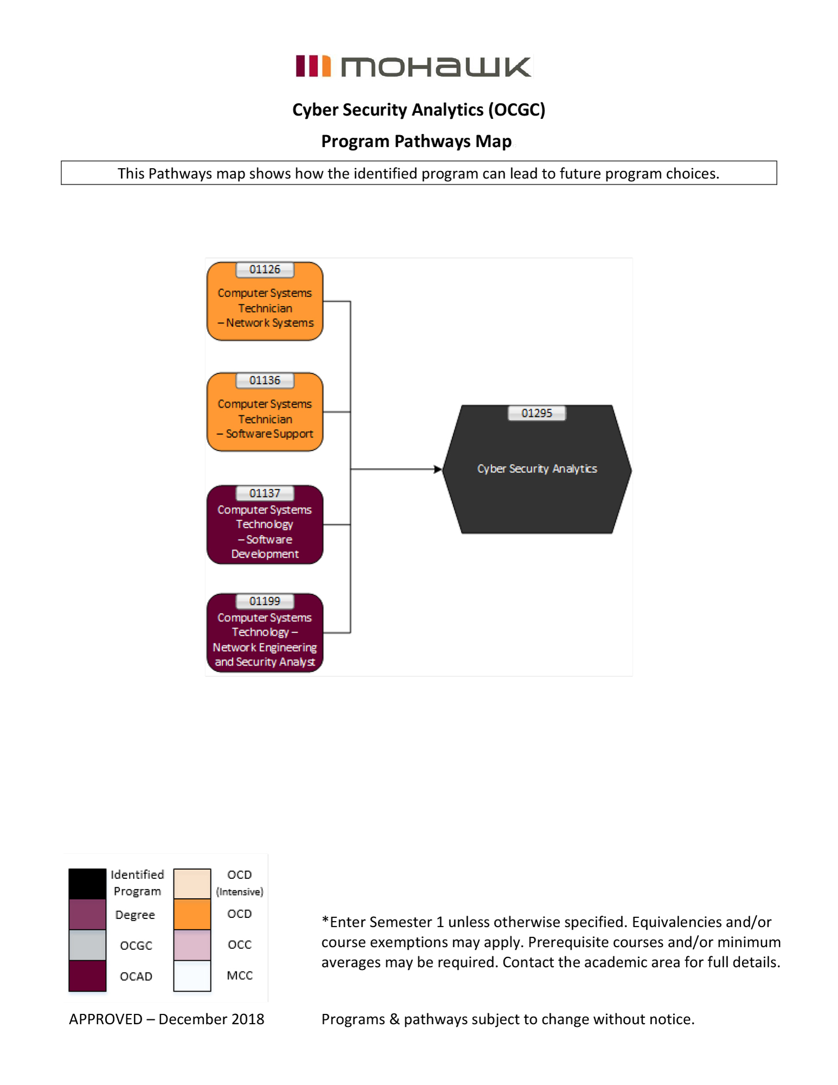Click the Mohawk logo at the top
coord(414,66)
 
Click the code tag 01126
coord(265,270)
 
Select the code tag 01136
coord(265,381)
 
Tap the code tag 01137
coord(265,493)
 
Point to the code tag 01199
coord(265,601)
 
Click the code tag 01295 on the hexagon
coord(537,413)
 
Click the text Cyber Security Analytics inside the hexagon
coord(537,469)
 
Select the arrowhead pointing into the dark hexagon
coord(437,469)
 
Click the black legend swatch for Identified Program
coord(87,883)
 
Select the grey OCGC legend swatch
coord(87,945)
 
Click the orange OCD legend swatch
coord(192,914)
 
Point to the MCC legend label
coord(240,975)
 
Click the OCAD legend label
coord(136,976)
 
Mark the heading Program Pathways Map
coord(416,141)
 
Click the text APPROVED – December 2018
coord(166,1019)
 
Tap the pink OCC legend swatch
coord(192,945)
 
